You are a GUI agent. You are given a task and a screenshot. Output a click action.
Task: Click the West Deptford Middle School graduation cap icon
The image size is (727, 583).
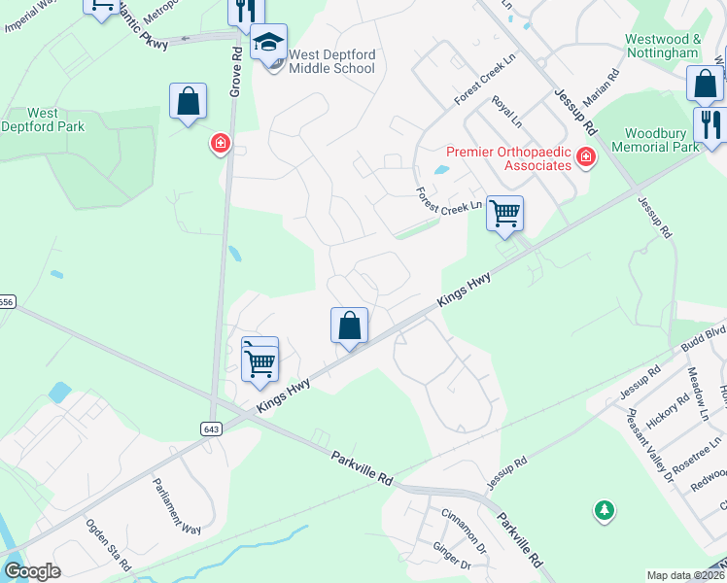[269, 43]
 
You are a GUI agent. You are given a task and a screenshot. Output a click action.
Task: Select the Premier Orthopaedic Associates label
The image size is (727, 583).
[508, 158]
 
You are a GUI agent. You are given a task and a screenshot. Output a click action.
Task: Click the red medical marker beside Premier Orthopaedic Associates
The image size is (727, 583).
[586, 156]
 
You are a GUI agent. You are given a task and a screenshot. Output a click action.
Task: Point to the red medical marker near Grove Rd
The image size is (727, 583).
[222, 145]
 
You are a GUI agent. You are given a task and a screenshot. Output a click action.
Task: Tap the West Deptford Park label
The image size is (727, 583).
[43, 120]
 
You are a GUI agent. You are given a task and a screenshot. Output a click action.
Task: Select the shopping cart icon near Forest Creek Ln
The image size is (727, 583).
[504, 213]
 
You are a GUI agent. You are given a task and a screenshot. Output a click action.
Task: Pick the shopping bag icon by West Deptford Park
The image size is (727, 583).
[188, 101]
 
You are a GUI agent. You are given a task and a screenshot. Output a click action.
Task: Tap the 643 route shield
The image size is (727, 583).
[211, 429]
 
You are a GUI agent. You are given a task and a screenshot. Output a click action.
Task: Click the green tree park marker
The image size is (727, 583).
[605, 509]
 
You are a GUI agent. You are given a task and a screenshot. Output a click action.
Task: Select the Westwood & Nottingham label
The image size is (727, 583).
[663, 46]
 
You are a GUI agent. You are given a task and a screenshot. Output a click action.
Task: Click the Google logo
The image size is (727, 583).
[32, 571]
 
